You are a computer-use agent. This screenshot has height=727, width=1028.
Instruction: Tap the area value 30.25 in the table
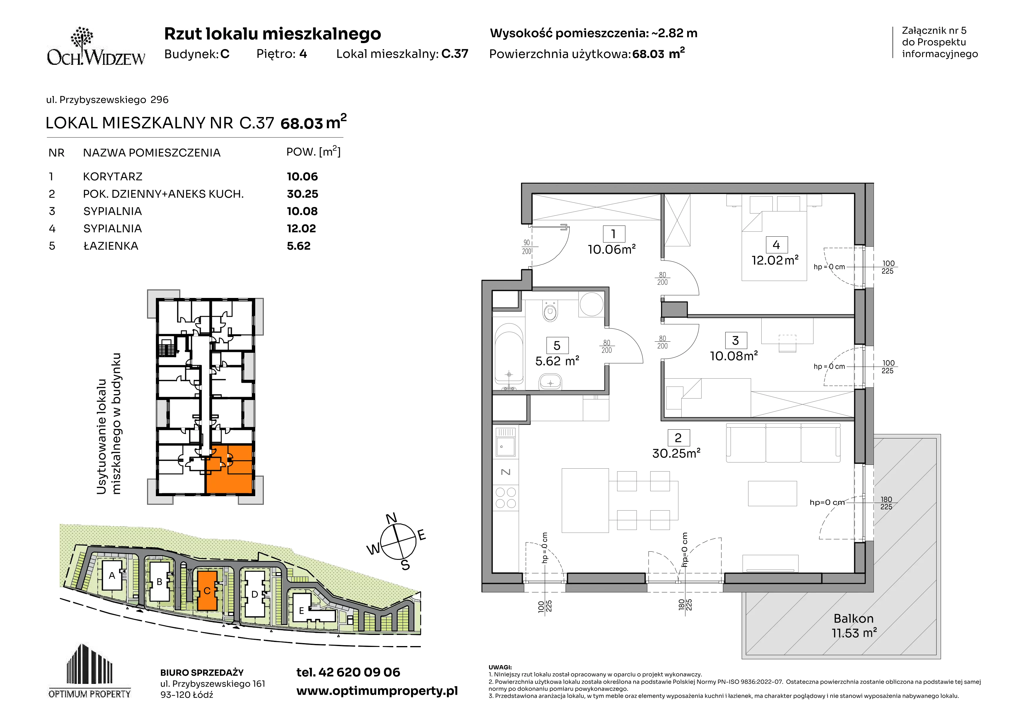click(302, 194)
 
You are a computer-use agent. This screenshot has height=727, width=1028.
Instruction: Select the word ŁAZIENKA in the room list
click(110, 246)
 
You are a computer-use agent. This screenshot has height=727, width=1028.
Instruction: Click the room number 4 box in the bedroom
click(776, 245)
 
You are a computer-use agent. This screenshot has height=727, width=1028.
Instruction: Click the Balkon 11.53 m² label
click(854, 626)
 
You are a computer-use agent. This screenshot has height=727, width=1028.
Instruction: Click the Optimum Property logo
click(90, 671)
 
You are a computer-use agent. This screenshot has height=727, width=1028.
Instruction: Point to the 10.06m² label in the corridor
click(612, 250)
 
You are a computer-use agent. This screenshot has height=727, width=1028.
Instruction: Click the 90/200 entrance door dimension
click(527, 247)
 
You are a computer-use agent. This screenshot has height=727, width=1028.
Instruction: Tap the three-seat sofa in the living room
click(783, 443)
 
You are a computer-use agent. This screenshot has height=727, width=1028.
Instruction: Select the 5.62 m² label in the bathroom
click(557, 361)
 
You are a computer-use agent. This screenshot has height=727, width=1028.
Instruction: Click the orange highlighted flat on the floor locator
click(230, 469)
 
